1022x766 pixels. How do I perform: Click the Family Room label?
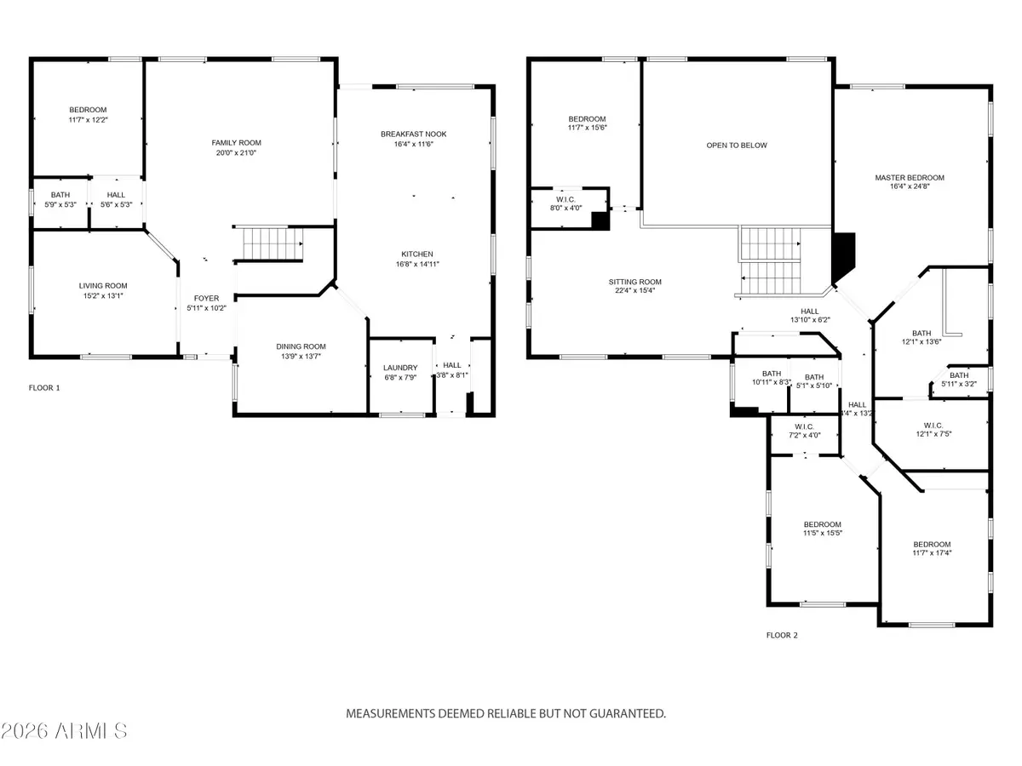point(236,143)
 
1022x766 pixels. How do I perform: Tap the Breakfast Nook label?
point(413,134)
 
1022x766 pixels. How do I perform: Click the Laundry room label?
point(400,369)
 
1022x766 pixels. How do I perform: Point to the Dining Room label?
point(301,346)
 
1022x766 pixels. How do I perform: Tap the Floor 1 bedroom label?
point(88,110)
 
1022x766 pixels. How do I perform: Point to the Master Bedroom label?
point(910,178)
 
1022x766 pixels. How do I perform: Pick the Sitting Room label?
point(634,282)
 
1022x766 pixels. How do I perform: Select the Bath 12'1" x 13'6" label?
point(922,334)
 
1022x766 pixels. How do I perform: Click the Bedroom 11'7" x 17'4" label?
point(932,545)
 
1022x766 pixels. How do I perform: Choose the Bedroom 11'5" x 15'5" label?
point(823,524)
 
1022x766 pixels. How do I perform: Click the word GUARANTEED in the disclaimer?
point(620,713)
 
